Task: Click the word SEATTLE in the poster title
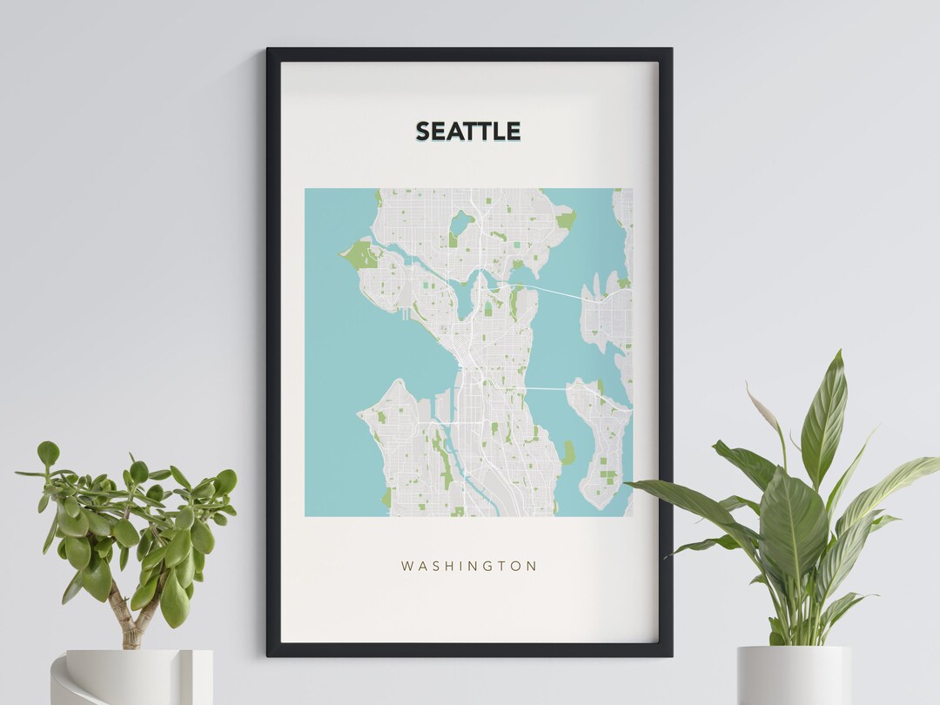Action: (467, 131)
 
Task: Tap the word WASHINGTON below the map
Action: (469, 566)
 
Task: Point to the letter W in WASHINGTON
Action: (406, 566)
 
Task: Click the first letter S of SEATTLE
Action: (423, 131)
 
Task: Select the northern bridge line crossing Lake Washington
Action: (557, 292)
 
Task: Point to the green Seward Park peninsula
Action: (567, 452)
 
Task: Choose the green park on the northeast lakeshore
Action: (567, 219)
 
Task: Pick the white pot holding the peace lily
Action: (794, 675)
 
